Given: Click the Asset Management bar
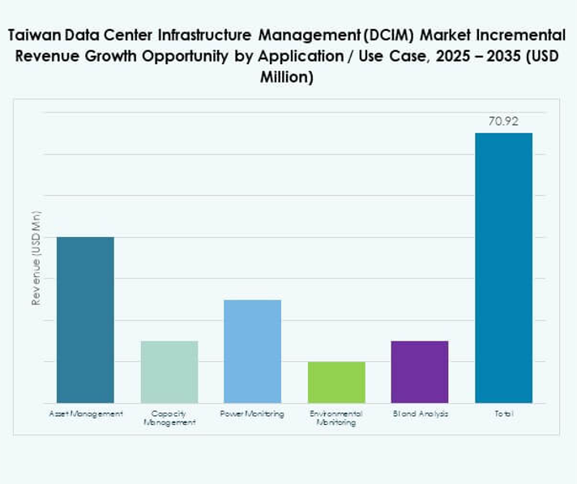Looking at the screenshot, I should pos(85,320).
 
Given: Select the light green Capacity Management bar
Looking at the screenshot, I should pos(169,371).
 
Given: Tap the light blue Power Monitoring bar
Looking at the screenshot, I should pos(252,351).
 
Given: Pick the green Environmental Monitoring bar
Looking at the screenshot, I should pos(336,382).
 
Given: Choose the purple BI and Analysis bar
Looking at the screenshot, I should pos(420,371).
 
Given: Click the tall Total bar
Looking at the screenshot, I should pos(503,267).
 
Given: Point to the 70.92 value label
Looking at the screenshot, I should pos(503,121).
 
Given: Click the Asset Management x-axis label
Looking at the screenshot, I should pos(86,414).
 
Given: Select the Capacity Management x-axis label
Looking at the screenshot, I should pos(169,418).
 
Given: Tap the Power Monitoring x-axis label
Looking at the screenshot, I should pos(252,414).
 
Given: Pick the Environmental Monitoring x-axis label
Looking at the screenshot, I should pos(336,418).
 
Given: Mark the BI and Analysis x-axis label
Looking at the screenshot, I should pos(420,414).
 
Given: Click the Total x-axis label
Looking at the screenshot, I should pos(503,414).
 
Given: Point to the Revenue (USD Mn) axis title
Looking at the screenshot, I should pos(36,257).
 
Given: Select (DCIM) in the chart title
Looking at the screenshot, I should pos(384,36).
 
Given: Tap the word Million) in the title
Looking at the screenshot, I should pos(288,78).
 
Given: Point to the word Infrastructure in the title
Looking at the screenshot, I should pos(195,36).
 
